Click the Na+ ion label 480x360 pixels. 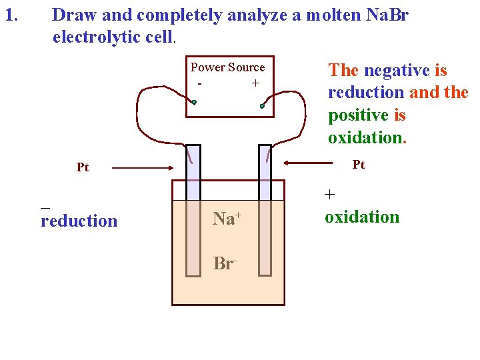tap(227, 219)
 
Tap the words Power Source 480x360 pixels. tap(227, 67)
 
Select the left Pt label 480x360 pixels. tap(83, 167)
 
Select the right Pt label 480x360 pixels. tap(359, 165)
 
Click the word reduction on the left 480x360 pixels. tap(79, 221)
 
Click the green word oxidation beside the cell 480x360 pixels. tap(362, 217)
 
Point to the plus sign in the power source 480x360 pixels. tap(255, 83)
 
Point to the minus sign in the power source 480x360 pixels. tap(199, 84)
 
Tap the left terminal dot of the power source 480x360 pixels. tap(194, 103)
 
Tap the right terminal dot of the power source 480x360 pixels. tap(263, 105)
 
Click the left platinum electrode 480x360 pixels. tap(193, 210)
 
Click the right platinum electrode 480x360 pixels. tap(265, 210)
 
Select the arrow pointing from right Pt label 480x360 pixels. tap(313, 162)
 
